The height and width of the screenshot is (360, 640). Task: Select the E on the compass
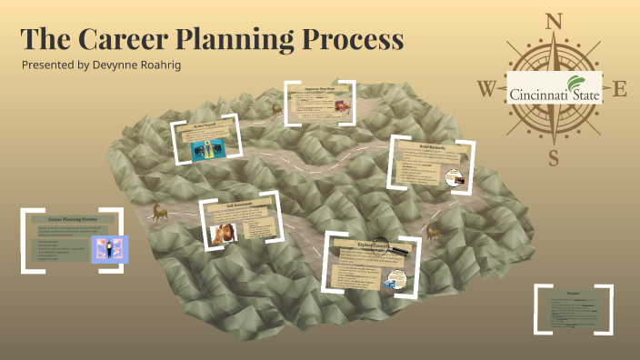[x=620, y=88]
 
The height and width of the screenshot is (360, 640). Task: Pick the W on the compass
[x=486, y=89]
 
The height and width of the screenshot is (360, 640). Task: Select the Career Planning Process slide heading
[x=73, y=219]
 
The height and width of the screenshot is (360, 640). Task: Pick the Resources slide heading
[x=573, y=294]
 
